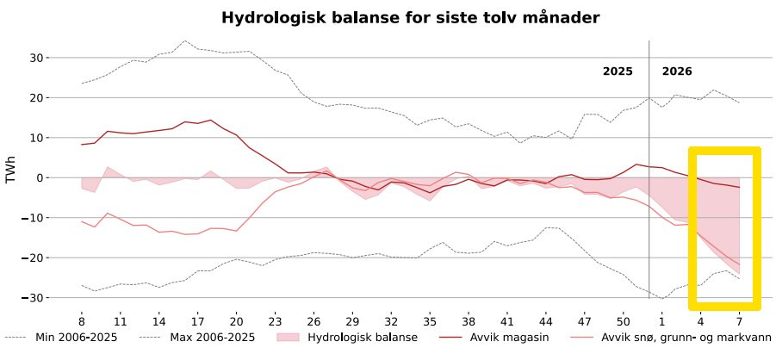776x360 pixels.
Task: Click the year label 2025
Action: click(x=618, y=71)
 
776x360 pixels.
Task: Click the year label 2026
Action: click(x=677, y=71)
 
